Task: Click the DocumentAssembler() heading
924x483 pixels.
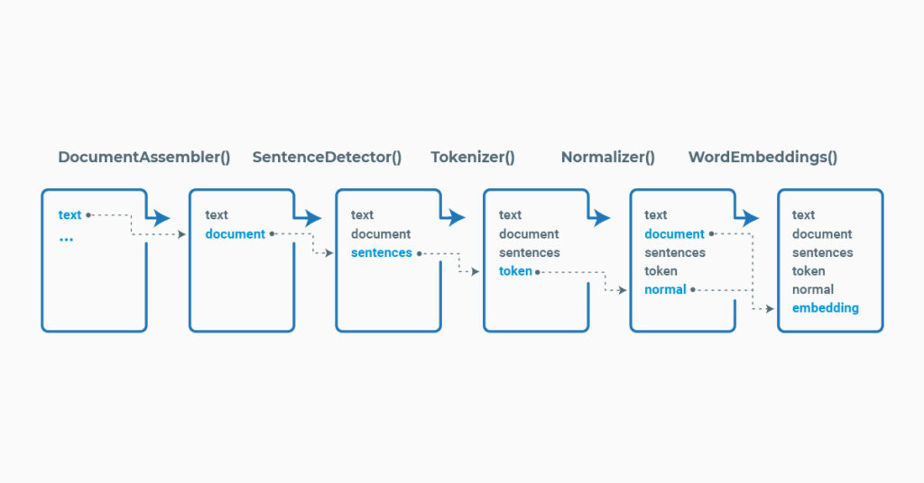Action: [144, 157]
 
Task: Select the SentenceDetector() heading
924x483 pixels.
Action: [327, 157]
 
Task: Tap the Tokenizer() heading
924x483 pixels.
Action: [473, 157]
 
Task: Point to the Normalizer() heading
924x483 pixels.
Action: [608, 157]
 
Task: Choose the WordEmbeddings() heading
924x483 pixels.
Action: [762, 157]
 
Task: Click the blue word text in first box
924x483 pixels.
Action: [69, 214]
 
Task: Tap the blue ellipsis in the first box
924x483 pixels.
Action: [66, 238]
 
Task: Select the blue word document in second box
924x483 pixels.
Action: [235, 234]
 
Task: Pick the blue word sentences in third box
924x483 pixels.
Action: [381, 253]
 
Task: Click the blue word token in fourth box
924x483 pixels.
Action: [515, 271]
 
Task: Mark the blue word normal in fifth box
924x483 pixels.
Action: [665, 290]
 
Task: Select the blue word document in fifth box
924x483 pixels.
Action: [674, 234]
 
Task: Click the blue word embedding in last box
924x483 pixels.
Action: [825, 308]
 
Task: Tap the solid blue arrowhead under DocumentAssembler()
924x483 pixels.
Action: [160, 218]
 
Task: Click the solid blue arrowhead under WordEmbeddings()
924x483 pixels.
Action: [749, 218]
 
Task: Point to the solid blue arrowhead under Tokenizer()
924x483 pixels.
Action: [455, 218]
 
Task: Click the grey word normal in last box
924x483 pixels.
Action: [812, 290]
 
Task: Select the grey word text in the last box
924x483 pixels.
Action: [803, 214]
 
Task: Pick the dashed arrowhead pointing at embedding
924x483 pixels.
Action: [770, 308]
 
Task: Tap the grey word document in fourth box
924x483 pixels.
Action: [529, 234]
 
